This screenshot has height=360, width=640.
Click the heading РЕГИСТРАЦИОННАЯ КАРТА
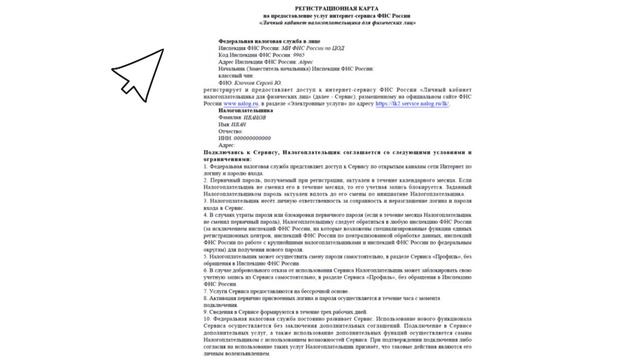point(319,7)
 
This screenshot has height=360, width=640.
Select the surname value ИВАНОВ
point(256,115)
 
